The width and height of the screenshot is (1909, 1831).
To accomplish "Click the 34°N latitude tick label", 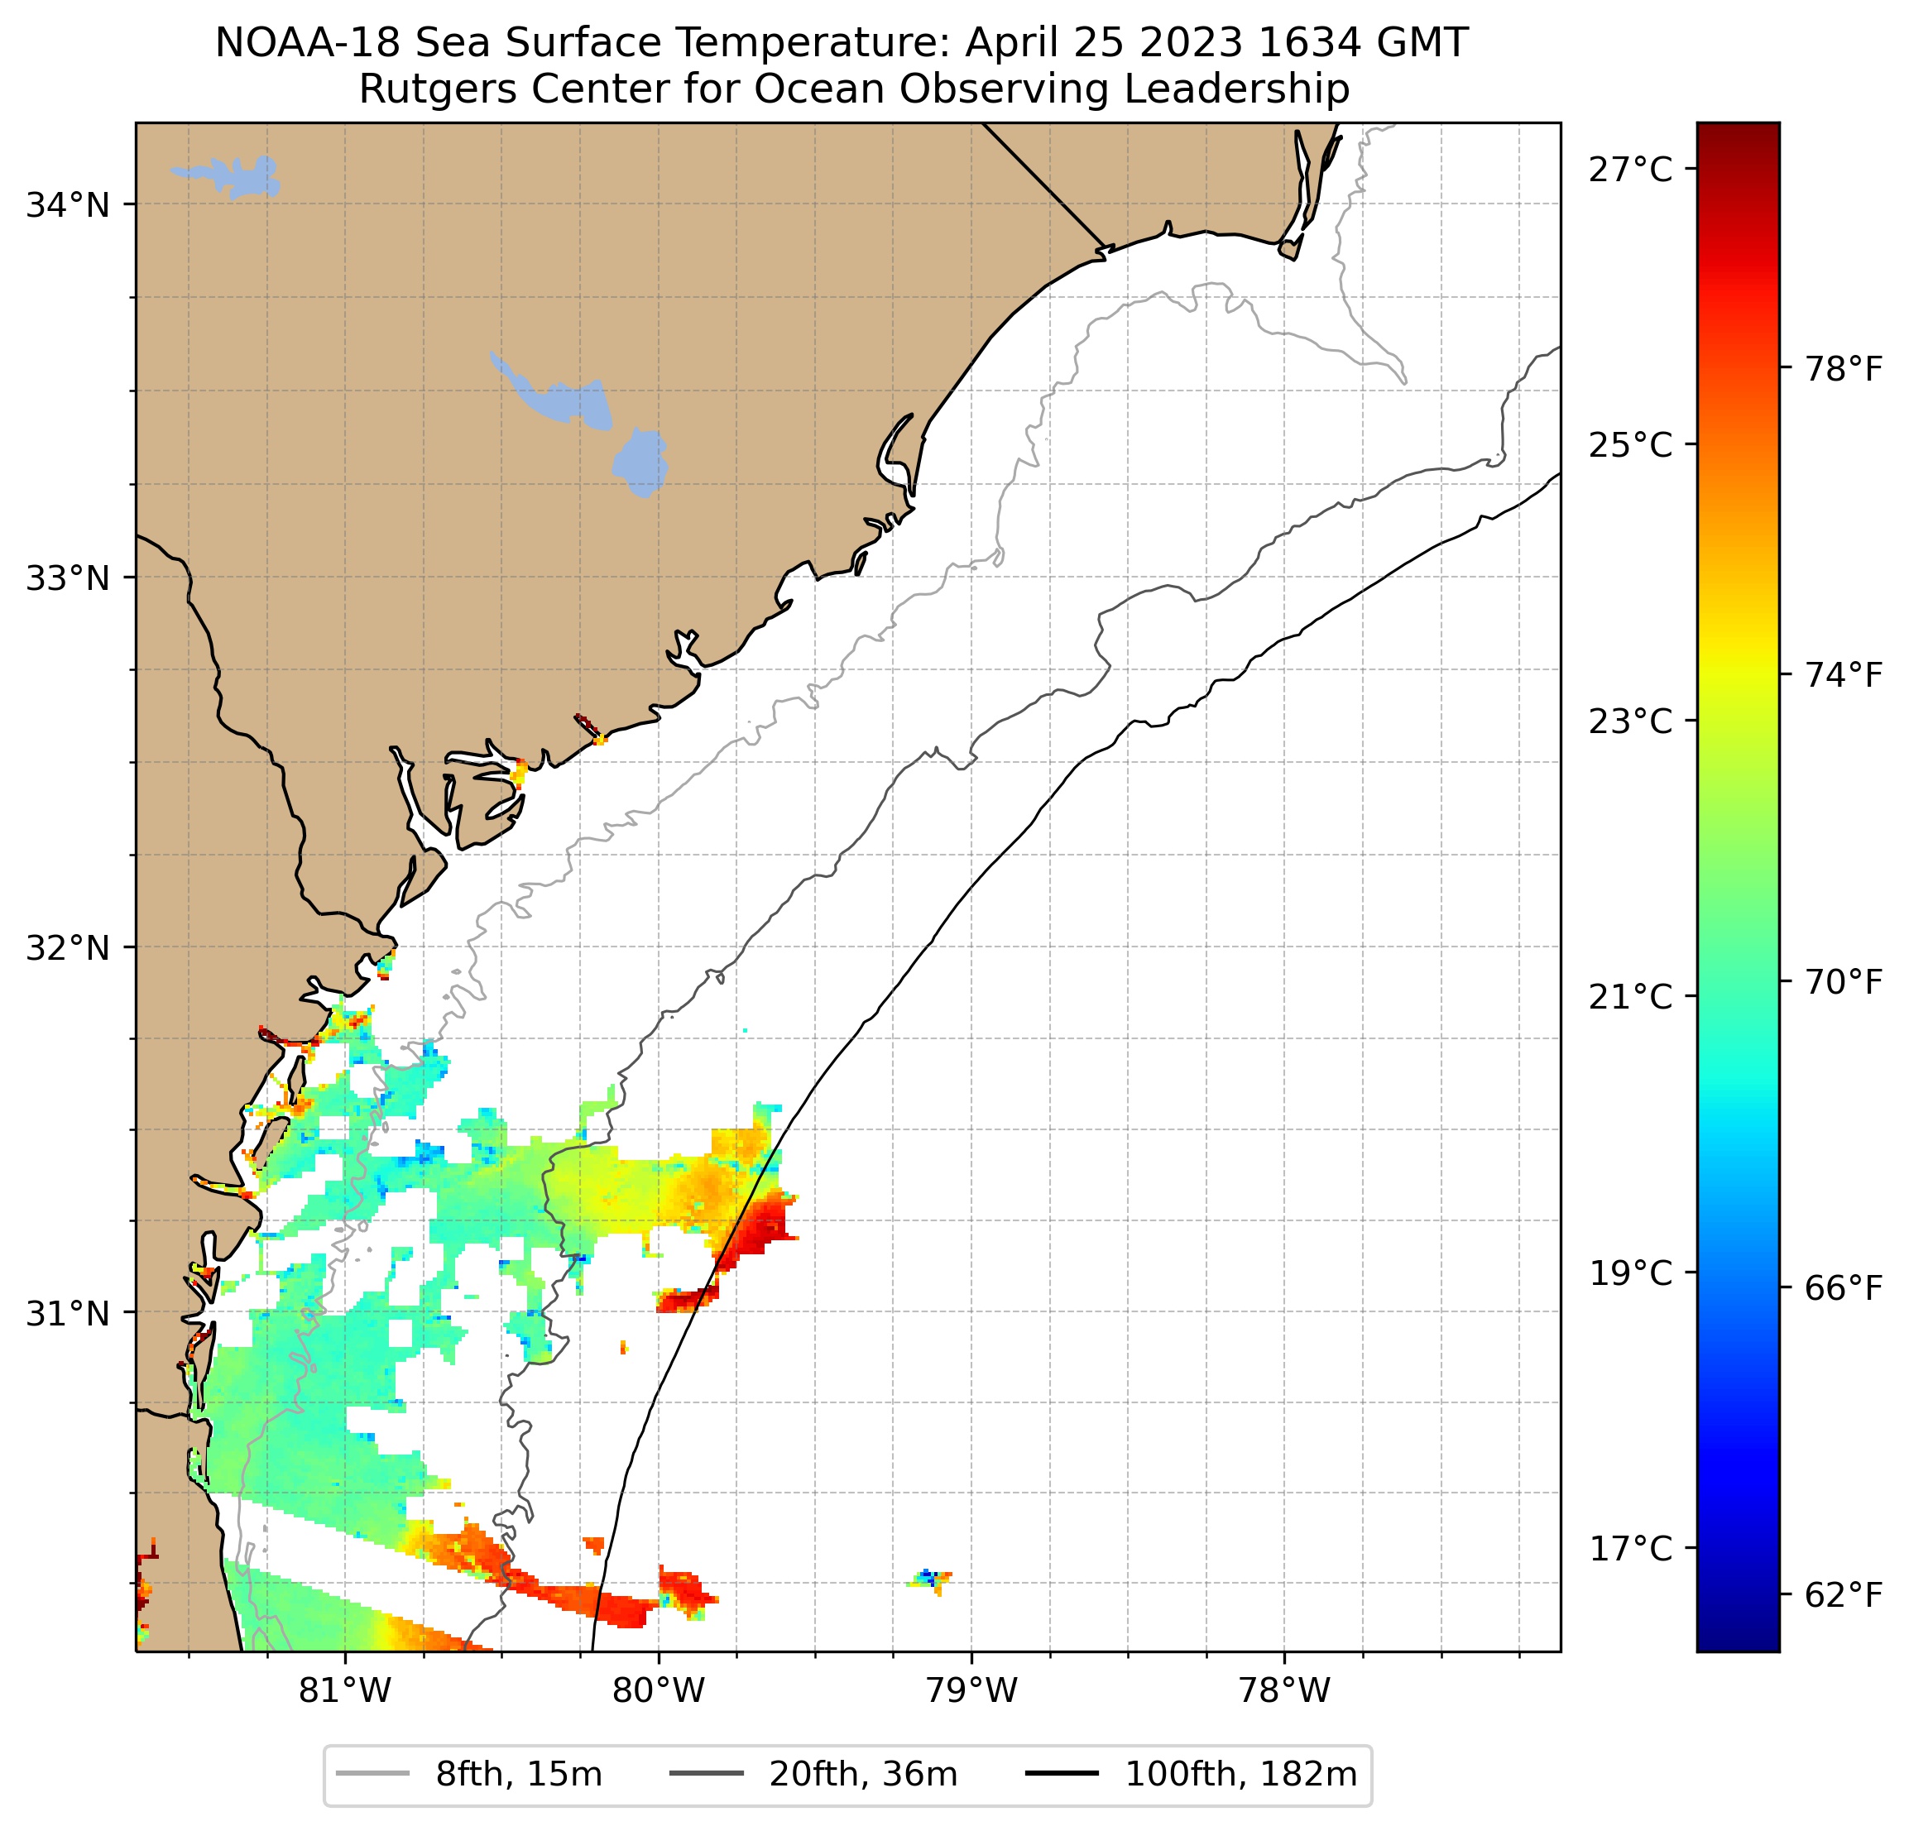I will (x=67, y=205).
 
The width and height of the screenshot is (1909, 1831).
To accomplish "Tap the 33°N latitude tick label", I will (x=67, y=578).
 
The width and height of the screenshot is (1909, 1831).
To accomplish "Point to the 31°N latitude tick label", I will (x=67, y=1314).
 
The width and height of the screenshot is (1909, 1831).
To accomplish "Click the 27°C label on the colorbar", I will (x=1630, y=170).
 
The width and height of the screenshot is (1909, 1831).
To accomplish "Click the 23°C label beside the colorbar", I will (x=1630, y=721).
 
